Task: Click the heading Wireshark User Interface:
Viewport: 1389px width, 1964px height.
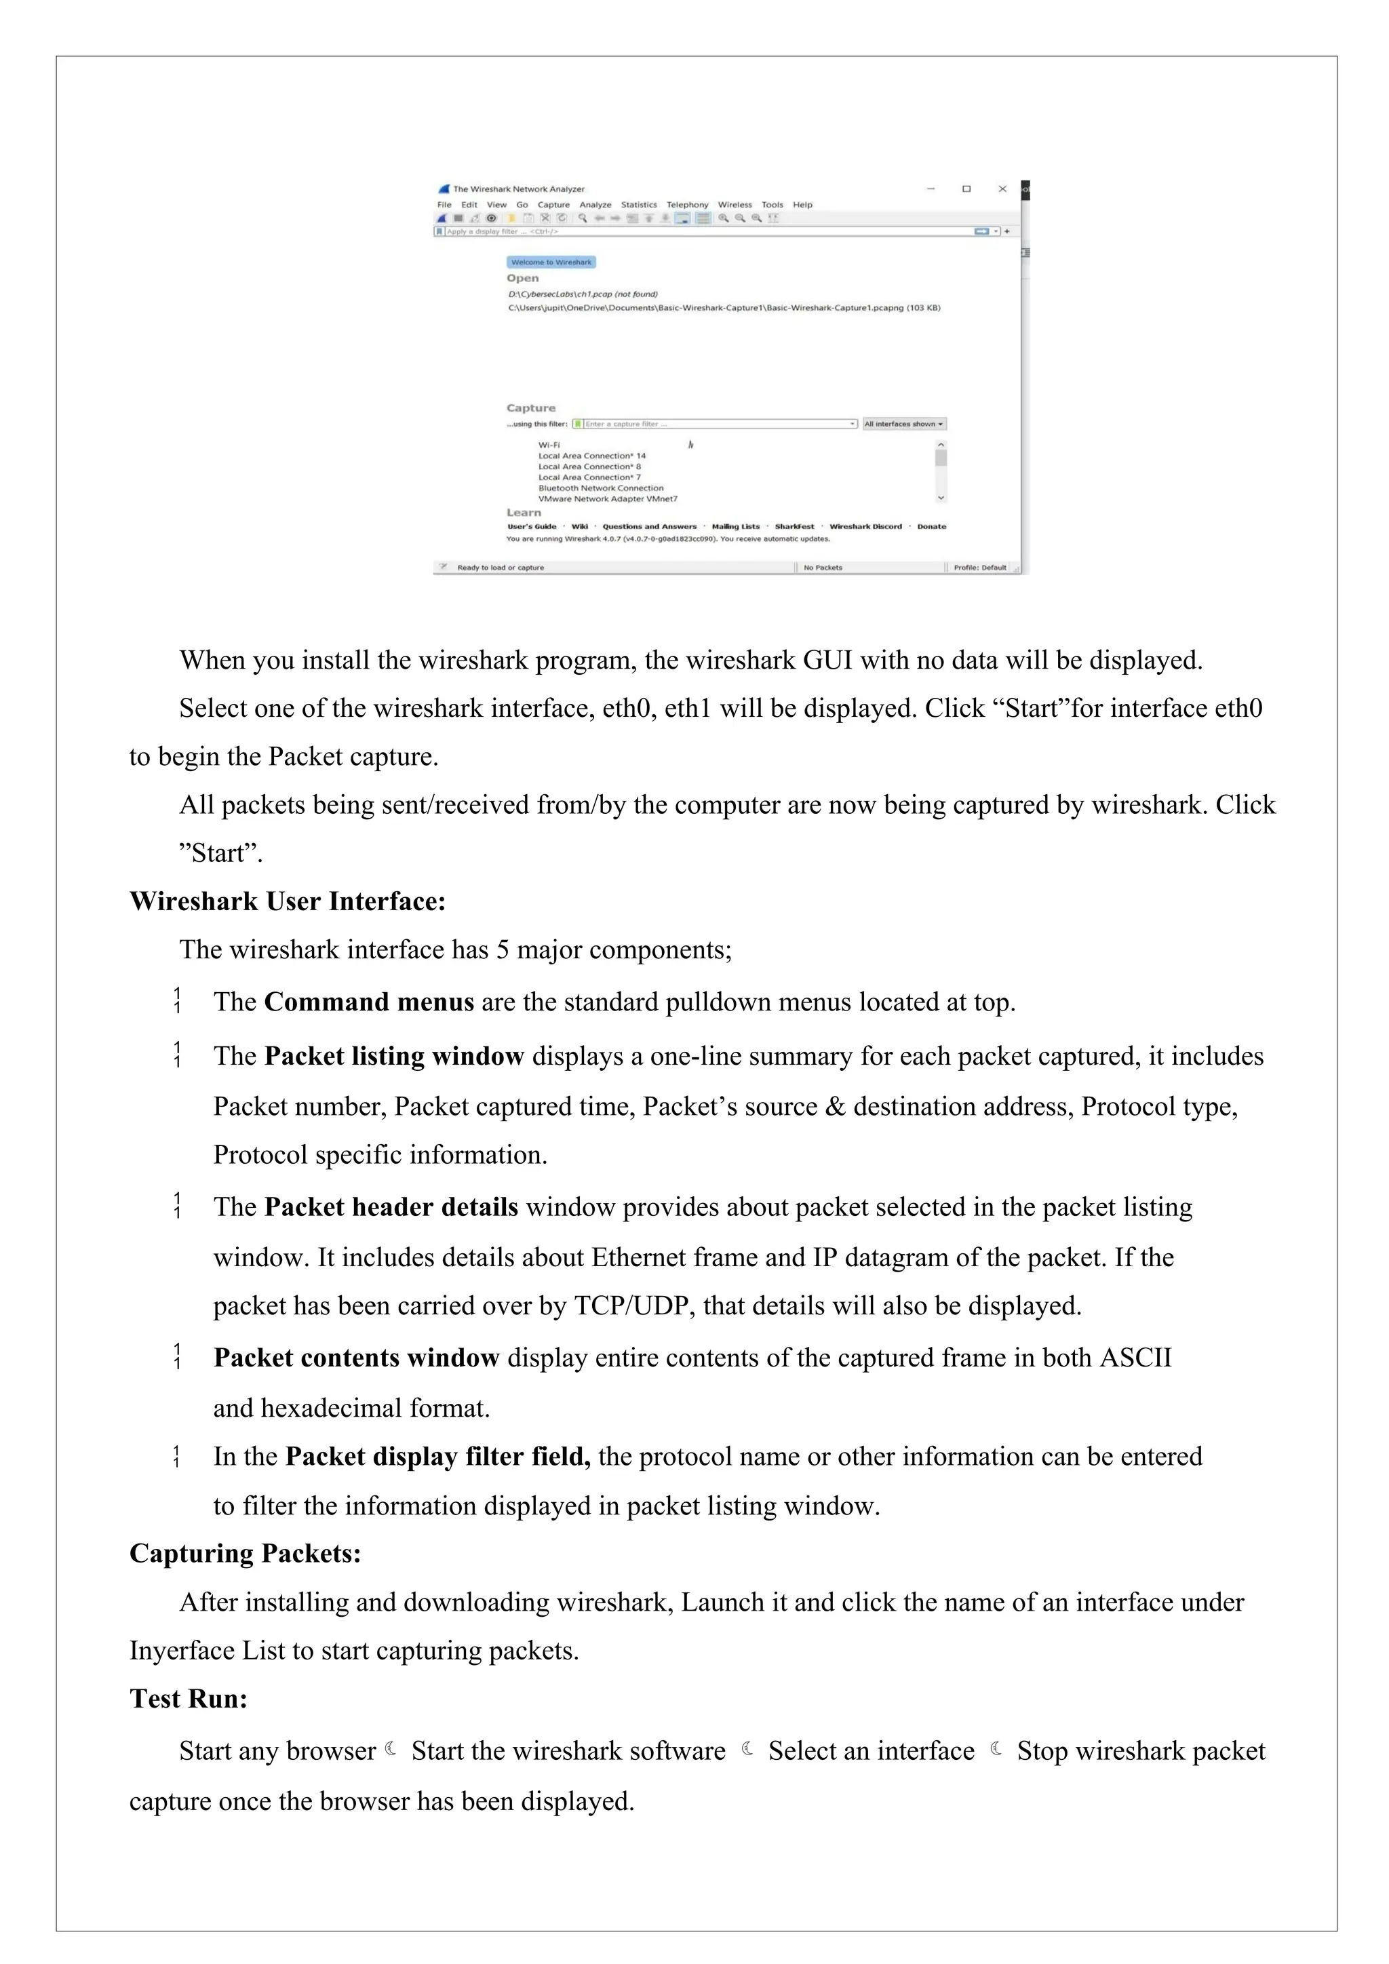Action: click(288, 901)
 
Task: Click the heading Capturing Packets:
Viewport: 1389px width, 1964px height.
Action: click(246, 1554)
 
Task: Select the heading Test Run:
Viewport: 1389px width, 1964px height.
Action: click(188, 1698)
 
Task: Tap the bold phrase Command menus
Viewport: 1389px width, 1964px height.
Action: click(369, 1002)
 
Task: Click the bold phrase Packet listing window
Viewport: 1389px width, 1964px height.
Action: click(393, 1057)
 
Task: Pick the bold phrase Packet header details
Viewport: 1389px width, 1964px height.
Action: click(391, 1207)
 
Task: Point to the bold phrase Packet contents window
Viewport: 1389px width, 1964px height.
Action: click(356, 1358)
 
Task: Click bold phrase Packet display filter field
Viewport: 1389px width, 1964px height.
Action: click(437, 1457)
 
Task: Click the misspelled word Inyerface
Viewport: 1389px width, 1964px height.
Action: click(182, 1650)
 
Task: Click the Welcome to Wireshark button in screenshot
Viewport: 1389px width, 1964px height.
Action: click(551, 262)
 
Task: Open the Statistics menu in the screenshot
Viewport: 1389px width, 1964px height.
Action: click(638, 205)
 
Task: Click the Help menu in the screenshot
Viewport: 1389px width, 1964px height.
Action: click(802, 205)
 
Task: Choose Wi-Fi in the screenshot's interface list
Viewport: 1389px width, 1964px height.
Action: click(549, 445)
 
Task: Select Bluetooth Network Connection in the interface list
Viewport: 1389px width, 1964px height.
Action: click(600, 488)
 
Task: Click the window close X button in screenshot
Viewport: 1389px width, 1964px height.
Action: click(1002, 189)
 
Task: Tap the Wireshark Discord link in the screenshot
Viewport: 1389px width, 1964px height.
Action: click(865, 527)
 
